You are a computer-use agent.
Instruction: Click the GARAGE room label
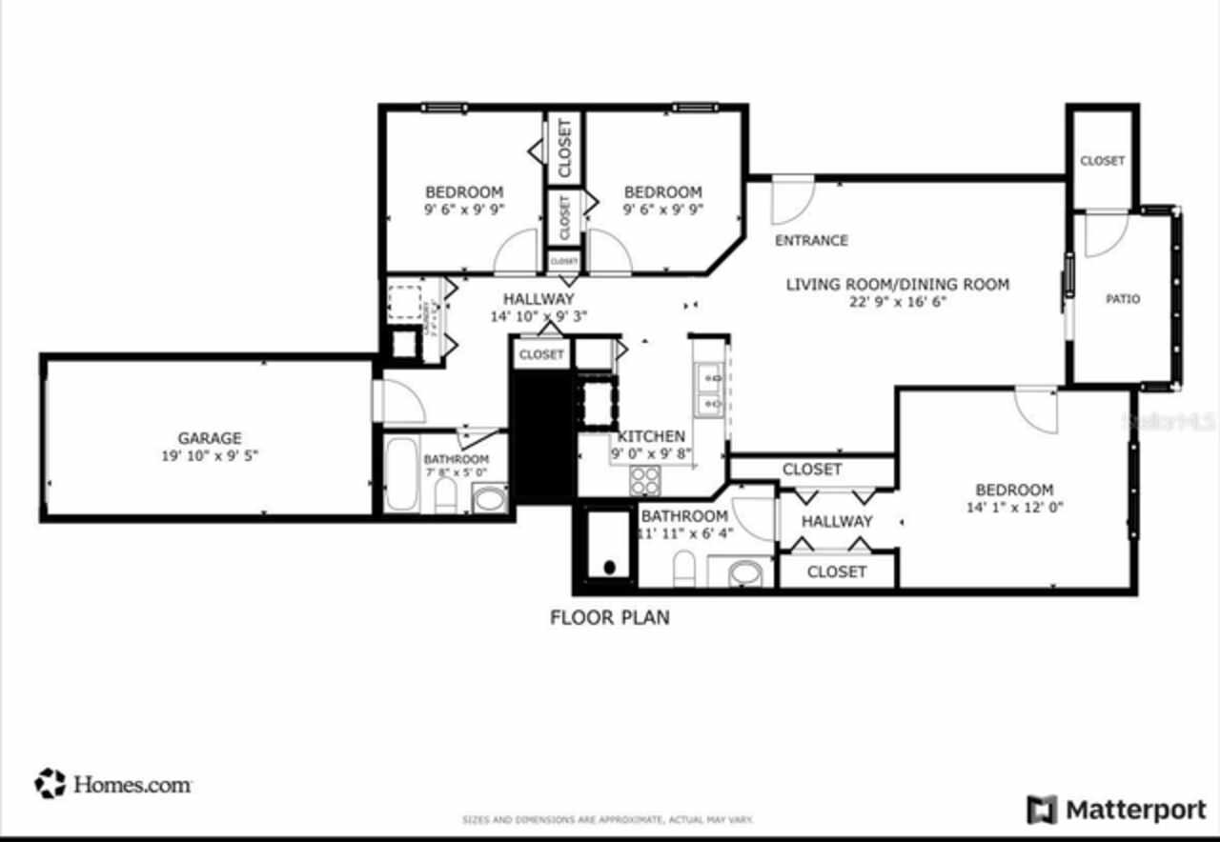[210, 438]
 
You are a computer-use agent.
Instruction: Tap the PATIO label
[1123, 299]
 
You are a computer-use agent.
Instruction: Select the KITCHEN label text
[651, 436]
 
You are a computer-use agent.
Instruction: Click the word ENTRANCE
[811, 241]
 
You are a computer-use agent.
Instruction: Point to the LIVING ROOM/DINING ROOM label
[897, 284]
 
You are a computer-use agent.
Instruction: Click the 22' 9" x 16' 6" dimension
[897, 303]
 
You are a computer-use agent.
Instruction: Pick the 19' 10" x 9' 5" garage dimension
[210, 456]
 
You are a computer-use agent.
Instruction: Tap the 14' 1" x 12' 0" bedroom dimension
[1014, 508]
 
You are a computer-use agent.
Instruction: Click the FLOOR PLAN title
[610, 617]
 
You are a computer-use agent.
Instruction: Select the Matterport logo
[1116, 810]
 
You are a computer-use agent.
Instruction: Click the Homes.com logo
[113, 784]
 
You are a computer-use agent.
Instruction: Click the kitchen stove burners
[644, 479]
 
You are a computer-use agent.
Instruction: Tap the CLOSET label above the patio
[1102, 161]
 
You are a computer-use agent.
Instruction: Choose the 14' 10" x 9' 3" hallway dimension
[538, 317]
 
